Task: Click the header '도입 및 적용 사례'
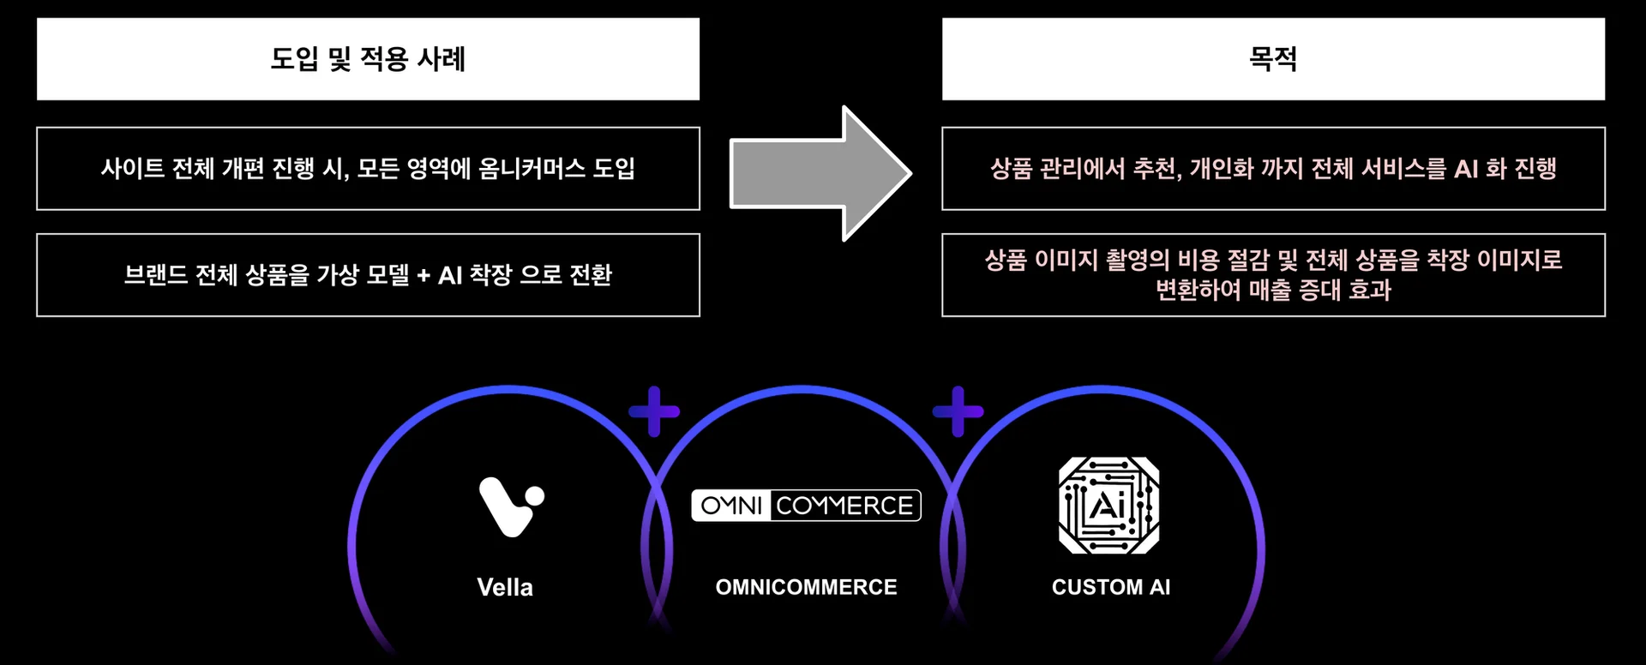tap(368, 59)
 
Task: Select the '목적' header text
tap(1273, 59)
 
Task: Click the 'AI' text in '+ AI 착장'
tap(450, 275)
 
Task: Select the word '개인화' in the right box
tap(1221, 168)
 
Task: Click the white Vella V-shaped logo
tap(510, 506)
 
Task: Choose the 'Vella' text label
tap(505, 587)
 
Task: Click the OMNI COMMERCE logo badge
tap(806, 506)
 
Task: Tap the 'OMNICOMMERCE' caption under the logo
tap(806, 587)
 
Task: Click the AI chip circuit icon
tap(1109, 506)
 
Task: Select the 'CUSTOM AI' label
tap(1111, 587)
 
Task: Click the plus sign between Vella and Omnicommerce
tap(654, 411)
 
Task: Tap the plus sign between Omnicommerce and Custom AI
tap(958, 411)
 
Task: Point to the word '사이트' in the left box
tap(132, 168)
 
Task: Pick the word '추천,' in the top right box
tap(1157, 168)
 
